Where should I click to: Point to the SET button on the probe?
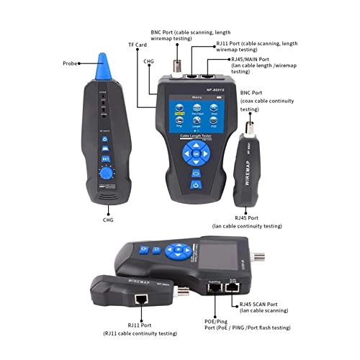105,158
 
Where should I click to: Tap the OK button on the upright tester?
194,153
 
